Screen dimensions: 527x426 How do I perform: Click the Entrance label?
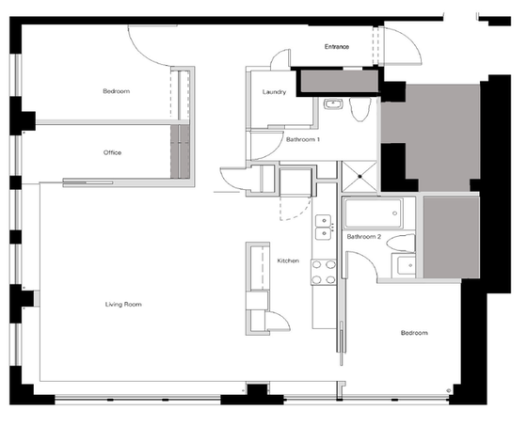337,47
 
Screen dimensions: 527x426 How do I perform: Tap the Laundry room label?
274,92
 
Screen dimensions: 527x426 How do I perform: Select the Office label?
112,152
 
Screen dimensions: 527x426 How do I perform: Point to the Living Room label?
123,305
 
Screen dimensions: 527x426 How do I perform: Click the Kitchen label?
288,260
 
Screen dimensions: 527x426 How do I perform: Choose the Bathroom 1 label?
303,139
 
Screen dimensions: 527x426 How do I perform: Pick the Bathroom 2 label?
364,237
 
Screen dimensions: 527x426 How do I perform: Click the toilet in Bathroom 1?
359,109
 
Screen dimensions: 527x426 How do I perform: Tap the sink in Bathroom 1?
333,104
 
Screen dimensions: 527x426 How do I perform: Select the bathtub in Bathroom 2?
373,213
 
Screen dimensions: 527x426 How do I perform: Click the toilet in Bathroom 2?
401,243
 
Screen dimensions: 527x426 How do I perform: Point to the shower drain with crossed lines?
359,177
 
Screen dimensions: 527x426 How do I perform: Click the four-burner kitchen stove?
324,272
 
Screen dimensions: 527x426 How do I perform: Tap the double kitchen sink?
324,228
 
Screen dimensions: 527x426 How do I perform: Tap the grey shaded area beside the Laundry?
339,81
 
